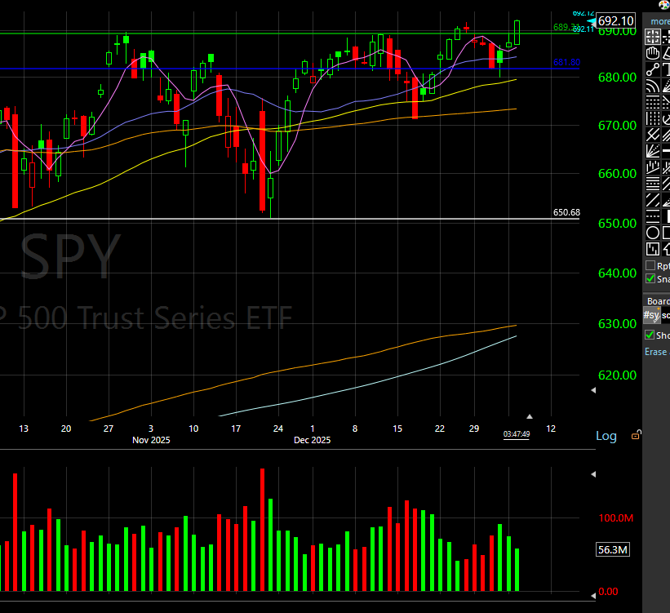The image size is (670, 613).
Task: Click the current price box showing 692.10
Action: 615,21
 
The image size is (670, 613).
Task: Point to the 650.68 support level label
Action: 566,213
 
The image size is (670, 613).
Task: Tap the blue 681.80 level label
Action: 566,63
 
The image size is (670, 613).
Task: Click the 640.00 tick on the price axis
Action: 617,273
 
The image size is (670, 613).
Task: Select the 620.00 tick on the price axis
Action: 617,375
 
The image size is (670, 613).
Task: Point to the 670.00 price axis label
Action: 617,126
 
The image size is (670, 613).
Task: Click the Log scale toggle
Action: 606,436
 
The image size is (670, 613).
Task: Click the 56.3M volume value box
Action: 613,550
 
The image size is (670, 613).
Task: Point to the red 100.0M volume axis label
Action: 614,518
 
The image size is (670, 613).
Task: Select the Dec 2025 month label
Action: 313,441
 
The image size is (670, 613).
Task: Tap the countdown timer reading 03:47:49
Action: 517,434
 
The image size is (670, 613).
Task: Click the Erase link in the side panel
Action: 655,352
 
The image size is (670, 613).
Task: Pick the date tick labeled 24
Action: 277,429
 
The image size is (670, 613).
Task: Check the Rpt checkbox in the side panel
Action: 650,266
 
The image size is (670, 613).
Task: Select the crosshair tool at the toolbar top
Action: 653,37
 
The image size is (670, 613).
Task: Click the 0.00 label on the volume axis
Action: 609,591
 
